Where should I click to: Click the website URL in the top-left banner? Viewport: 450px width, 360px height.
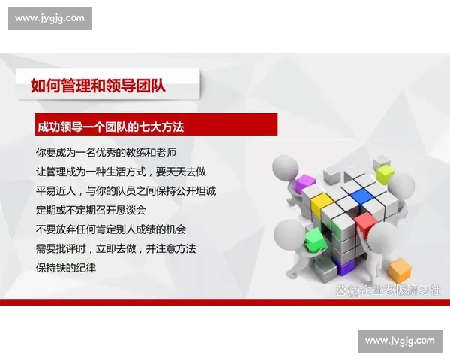pyautogui.click(x=50, y=18)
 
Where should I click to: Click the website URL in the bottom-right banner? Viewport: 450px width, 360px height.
pyautogui.click(x=400, y=340)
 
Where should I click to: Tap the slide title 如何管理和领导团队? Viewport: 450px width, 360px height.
pyautogui.click(x=98, y=85)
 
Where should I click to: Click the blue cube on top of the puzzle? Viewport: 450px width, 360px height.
pyautogui.click(x=362, y=196)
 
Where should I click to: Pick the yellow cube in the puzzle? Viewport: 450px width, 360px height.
pyautogui.click(x=321, y=202)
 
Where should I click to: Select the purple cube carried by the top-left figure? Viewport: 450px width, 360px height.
pyautogui.click(x=305, y=182)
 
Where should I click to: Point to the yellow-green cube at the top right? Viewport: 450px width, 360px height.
pyautogui.click(x=385, y=173)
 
